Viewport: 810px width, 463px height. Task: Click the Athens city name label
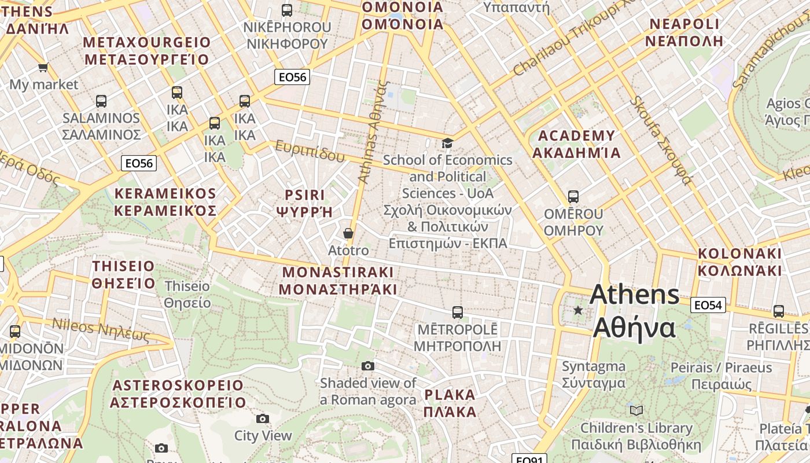pyautogui.click(x=635, y=311)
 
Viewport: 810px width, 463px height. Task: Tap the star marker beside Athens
pyautogui.click(x=577, y=310)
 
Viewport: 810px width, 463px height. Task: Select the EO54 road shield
pyautogui.click(x=708, y=304)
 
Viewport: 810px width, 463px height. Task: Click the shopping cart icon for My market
pyautogui.click(x=43, y=68)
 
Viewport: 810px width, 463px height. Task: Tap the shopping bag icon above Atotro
pyautogui.click(x=348, y=233)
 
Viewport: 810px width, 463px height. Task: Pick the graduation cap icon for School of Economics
pyautogui.click(x=447, y=142)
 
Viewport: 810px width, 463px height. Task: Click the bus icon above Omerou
pyautogui.click(x=573, y=197)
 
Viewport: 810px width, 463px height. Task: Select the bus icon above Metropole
pyautogui.click(x=457, y=313)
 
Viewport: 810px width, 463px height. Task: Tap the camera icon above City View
pyautogui.click(x=263, y=418)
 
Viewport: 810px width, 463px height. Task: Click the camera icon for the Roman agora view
pyautogui.click(x=368, y=366)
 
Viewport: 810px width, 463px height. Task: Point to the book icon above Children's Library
pyautogui.click(x=636, y=410)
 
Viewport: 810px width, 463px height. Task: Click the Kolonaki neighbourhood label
pyautogui.click(x=739, y=262)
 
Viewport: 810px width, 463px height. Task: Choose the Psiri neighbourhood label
pyautogui.click(x=305, y=203)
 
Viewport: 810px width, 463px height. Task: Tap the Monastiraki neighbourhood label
pyautogui.click(x=338, y=281)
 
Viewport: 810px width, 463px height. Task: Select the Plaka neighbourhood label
pyautogui.click(x=450, y=403)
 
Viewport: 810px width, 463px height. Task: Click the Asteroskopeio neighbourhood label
pyautogui.click(x=178, y=394)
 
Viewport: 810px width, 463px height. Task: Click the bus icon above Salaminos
pyautogui.click(x=101, y=101)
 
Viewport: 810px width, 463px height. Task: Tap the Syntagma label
pyautogui.click(x=594, y=374)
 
